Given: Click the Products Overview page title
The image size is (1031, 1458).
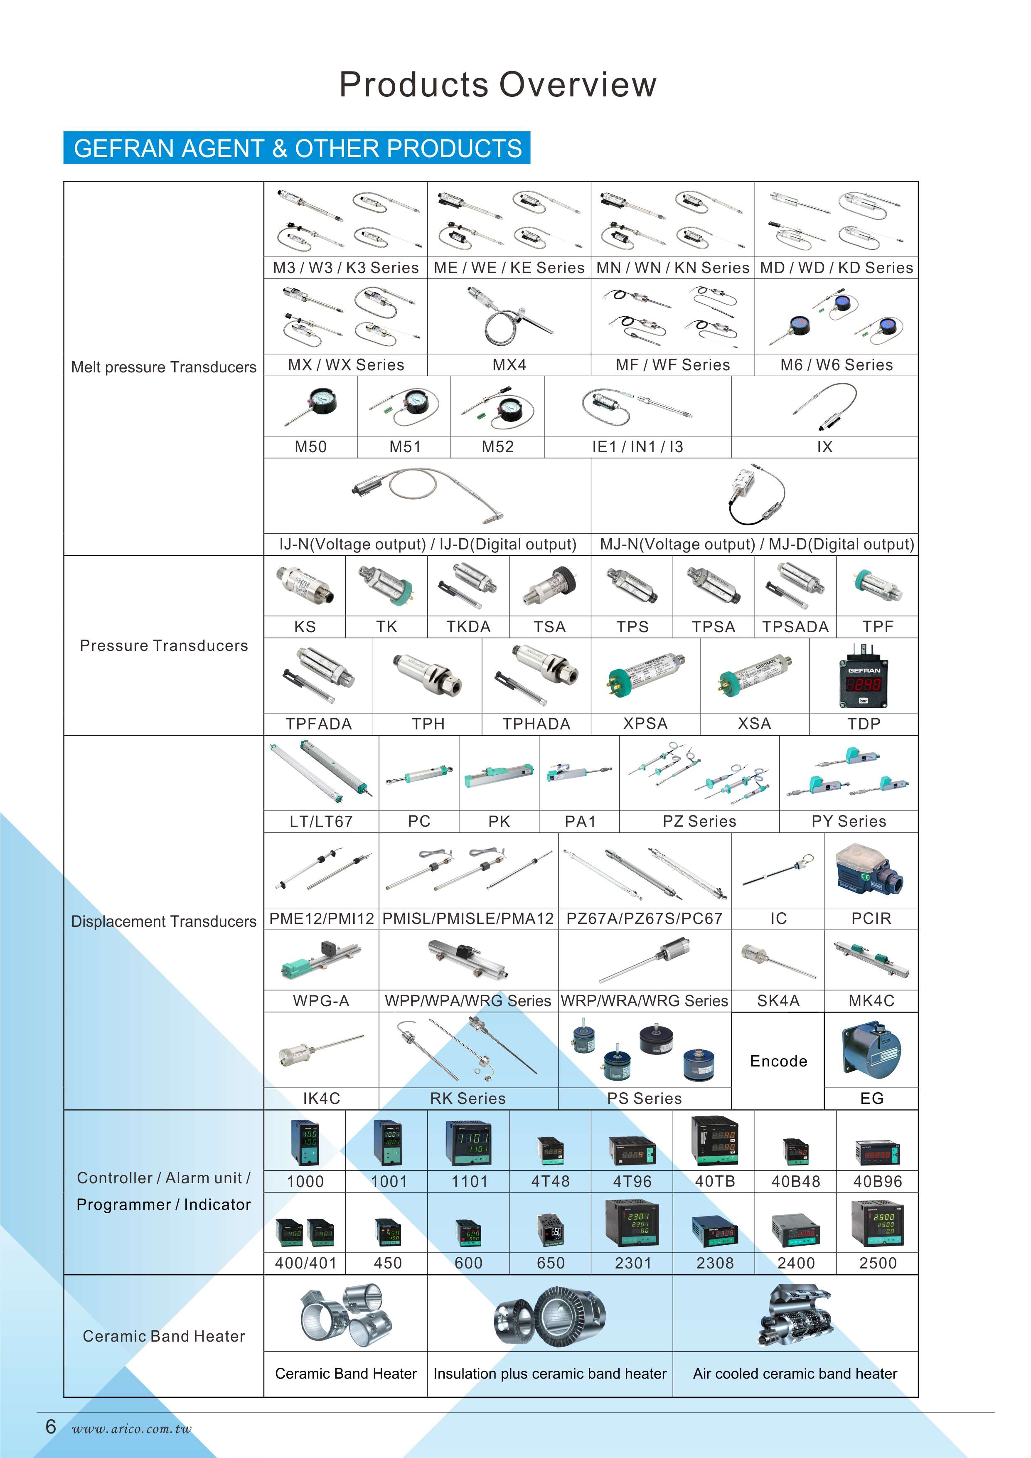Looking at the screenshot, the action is [x=498, y=84].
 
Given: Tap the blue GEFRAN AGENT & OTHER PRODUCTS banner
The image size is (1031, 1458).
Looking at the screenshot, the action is [x=297, y=148].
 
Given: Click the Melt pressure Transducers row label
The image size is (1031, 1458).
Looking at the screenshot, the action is [x=164, y=367].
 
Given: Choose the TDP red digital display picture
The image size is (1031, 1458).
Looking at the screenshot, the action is [x=864, y=676].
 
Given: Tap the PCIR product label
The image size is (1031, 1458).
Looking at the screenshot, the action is [x=871, y=918].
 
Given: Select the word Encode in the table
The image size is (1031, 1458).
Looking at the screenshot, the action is [x=778, y=1061].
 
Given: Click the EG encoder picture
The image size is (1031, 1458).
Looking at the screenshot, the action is [x=871, y=1050].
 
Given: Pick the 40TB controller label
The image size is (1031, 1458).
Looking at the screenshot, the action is [x=715, y=1181].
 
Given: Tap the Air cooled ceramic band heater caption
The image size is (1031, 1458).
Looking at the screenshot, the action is [x=795, y=1374].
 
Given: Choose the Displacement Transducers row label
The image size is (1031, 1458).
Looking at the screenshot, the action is [x=164, y=921].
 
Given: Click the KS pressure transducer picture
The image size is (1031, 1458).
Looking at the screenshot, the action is [x=305, y=585].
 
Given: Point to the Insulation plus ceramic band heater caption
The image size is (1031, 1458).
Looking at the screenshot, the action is [x=550, y=1374].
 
